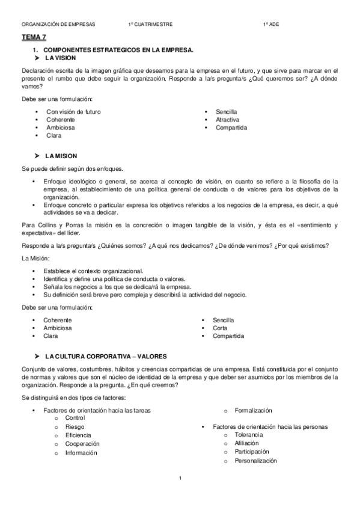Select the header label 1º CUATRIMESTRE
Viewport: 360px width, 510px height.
tap(150, 25)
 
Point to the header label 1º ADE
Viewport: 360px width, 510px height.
tap(270, 25)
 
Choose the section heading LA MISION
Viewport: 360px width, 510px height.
tap(61, 156)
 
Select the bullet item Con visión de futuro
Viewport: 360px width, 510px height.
tap(73, 112)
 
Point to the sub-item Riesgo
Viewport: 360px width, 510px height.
tap(75, 426)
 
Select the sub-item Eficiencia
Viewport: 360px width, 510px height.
tap(78, 435)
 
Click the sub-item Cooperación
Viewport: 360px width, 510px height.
tap(82, 444)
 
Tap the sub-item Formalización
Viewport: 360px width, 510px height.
tap(254, 411)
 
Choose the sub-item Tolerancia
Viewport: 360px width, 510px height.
tap(249, 435)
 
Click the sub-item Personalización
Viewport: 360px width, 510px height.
tap(255, 461)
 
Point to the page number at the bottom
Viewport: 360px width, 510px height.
tap(180, 478)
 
